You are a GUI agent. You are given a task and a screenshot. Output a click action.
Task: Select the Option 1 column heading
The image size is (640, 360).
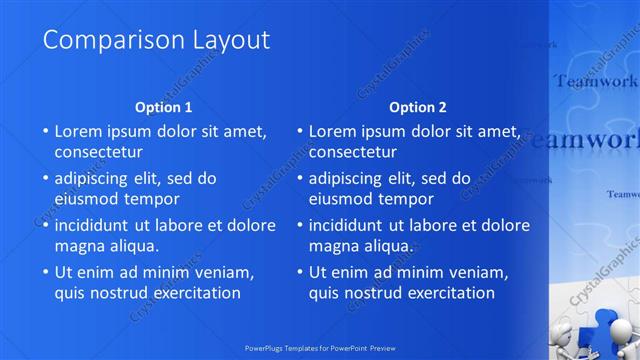pyautogui.click(x=163, y=107)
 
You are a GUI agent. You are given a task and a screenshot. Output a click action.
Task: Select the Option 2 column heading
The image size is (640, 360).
pyautogui.click(x=418, y=107)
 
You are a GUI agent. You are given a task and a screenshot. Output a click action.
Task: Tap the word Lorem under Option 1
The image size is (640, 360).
pyautogui.click(x=79, y=131)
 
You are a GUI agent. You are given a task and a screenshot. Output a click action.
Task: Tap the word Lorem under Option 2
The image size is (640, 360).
pyautogui.click(x=333, y=131)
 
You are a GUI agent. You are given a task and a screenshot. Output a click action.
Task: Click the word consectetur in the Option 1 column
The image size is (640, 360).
pyautogui.click(x=98, y=152)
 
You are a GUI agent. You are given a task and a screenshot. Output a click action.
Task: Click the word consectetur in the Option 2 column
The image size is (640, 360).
pyautogui.click(x=352, y=152)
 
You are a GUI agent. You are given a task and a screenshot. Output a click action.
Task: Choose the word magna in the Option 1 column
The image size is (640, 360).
pyautogui.click(x=80, y=245)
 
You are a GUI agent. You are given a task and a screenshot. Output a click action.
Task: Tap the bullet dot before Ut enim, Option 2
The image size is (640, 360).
pyautogui.click(x=299, y=272)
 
